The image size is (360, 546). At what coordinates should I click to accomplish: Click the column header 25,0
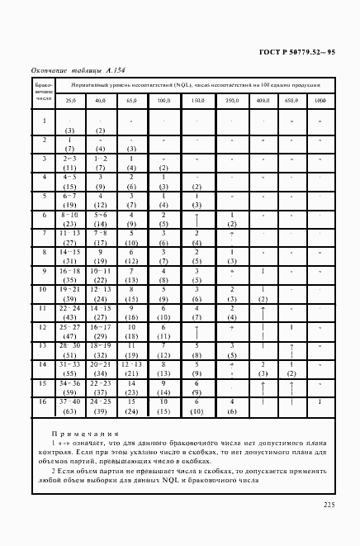point(70,100)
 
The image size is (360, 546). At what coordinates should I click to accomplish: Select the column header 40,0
point(101,100)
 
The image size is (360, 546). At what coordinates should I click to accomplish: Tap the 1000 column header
point(320,100)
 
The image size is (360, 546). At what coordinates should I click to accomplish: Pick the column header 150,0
point(197,100)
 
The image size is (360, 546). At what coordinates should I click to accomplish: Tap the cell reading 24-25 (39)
point(101,406)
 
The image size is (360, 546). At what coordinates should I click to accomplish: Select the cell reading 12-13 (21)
point(130,368)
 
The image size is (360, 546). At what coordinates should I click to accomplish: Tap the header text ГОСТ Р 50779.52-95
point(300,53)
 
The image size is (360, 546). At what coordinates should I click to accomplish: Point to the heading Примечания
point(83,434)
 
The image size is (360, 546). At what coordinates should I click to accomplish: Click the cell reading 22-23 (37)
point(101,387)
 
